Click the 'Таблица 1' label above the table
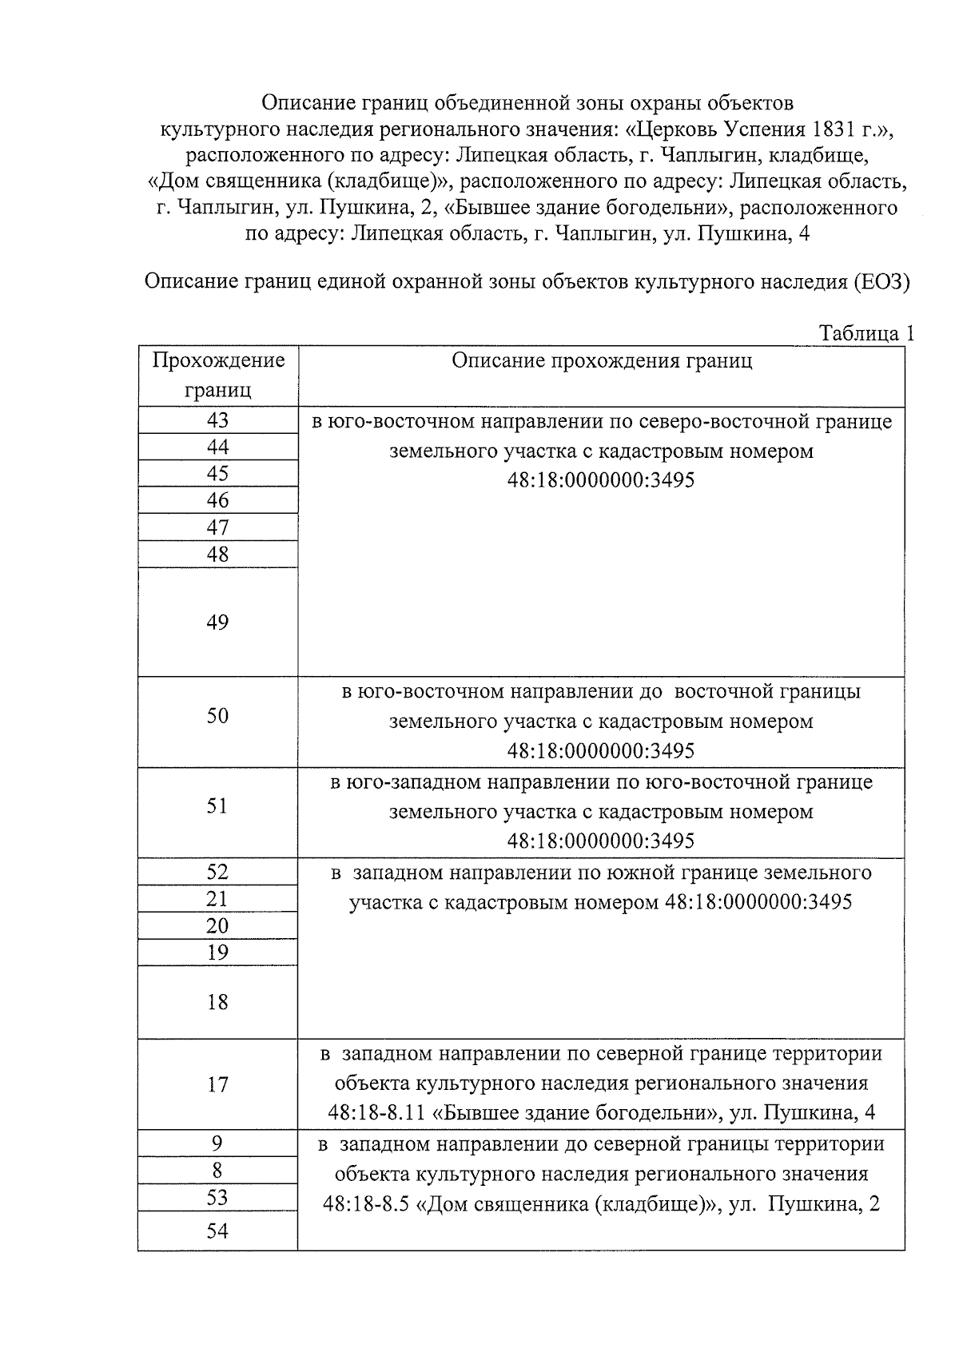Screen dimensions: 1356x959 (866, 333)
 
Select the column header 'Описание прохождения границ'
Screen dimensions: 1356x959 (601, 361)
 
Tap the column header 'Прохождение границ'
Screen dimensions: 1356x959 (218, 375)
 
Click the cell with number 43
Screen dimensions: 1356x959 (217, 420)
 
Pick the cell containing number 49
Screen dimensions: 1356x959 (217, 622)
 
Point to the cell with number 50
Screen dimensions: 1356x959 (217, 716)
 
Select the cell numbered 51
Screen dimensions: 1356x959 (217, 805)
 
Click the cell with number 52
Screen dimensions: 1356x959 (217, 872)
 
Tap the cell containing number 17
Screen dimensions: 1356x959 (217, 1084)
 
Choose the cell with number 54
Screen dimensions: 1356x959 (217, 1231)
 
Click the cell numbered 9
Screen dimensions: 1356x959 (217, 1143)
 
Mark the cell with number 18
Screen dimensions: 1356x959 (217, 1002)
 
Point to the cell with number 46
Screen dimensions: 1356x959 (217, 500)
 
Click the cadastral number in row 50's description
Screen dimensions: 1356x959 (601, 751)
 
